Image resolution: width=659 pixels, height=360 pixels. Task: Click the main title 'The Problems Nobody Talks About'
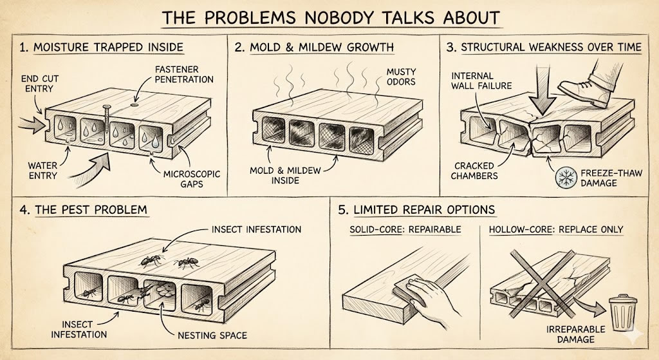point(329,18)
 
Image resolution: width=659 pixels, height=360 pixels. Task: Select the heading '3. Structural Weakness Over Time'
point(544,48)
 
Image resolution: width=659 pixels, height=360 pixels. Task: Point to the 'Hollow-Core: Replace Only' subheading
point(556,230)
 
